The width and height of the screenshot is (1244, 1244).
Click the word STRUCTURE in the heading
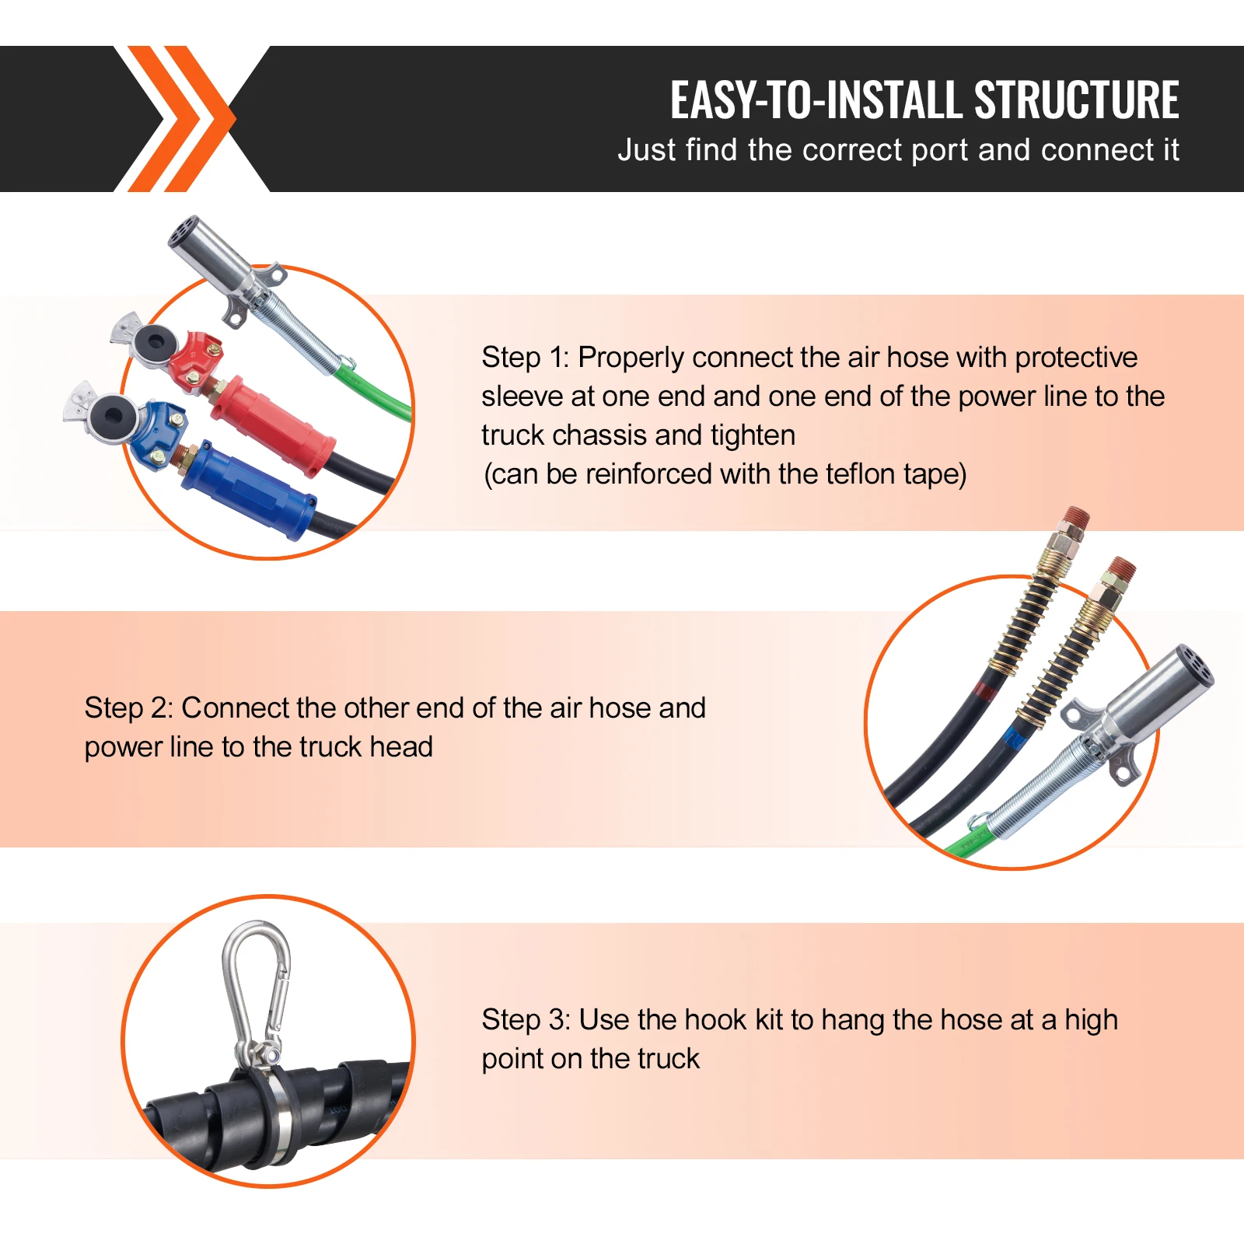point(1076,100)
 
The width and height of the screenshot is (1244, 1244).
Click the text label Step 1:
point(525,358)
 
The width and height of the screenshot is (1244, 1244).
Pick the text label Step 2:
point(128,708)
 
